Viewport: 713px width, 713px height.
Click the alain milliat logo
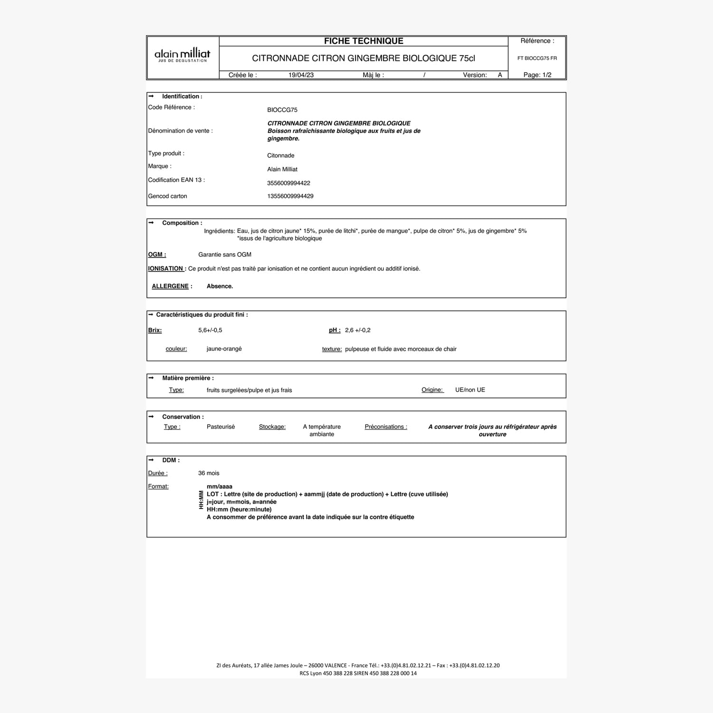[183, 56]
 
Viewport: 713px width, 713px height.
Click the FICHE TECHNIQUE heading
[364, 41]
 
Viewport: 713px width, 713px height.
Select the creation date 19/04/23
[301, 75]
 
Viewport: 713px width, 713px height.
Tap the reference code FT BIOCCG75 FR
[537, 58]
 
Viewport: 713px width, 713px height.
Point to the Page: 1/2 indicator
[537, 75]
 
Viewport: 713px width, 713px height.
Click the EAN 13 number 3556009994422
[289, 183]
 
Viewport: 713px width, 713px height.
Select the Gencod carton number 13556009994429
[290, 196]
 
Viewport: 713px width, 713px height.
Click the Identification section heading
[182, 96]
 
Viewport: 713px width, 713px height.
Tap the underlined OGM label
[157, 255]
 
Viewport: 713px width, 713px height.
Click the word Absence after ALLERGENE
[220, 286]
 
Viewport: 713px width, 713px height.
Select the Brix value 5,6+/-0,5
[210, 330]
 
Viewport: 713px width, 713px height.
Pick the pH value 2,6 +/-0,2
[357, 330]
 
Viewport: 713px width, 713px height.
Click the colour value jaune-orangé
[224, 349]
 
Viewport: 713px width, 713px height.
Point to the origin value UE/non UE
[470, 390]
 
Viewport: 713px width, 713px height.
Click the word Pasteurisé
[221, 427]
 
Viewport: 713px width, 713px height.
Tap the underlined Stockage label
[272, 427]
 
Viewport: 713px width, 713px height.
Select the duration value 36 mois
[209, 473]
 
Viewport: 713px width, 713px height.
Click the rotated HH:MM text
[201, 500]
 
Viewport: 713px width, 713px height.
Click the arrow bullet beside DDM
[151, 460]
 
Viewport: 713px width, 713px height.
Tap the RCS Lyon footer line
[358, 674]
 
